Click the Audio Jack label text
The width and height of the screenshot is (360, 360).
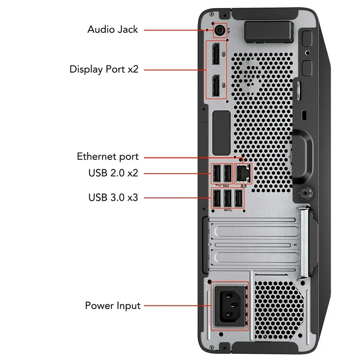coord(112,30)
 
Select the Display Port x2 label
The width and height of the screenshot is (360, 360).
coord(104,69)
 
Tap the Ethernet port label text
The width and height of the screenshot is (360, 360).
coord(108,157)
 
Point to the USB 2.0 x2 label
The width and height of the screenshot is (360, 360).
coord(113,173)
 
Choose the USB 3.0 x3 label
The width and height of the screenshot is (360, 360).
coord(113,197)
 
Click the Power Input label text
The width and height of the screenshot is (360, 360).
coord(112,306)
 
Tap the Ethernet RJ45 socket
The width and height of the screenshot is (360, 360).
coord(243,174)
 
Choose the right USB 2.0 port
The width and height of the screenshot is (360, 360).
coord(228,174)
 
